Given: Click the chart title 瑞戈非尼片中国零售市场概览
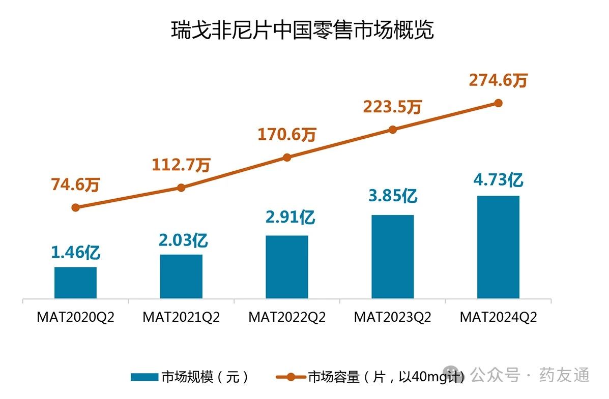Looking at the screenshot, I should pos(302,30).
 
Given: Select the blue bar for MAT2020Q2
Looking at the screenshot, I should pos(75,283).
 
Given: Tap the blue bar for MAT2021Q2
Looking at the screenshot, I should pos(181,277).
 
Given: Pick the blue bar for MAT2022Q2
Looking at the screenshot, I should pos(287,267).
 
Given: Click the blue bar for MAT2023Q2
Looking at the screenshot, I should pos(392,257).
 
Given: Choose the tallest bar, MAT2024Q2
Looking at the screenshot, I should pos(498,247).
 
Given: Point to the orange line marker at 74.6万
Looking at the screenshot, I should pos(76,207).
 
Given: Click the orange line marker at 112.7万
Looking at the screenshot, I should pos(181,188).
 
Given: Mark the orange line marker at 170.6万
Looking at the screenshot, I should pos(287,158).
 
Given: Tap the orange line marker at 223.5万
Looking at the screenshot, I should pos(392,130).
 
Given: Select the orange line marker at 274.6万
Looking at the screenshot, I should pos(498,103).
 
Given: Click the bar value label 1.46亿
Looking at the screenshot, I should pos(76,253).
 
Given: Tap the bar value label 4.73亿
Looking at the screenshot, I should pos(498,179).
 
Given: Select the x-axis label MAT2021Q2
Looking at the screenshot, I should pos(181,317).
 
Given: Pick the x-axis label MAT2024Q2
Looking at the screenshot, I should pos(498,317).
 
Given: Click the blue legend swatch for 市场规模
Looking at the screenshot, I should pos(144,377).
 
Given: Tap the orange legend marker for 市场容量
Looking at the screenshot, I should pos(291,377).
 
